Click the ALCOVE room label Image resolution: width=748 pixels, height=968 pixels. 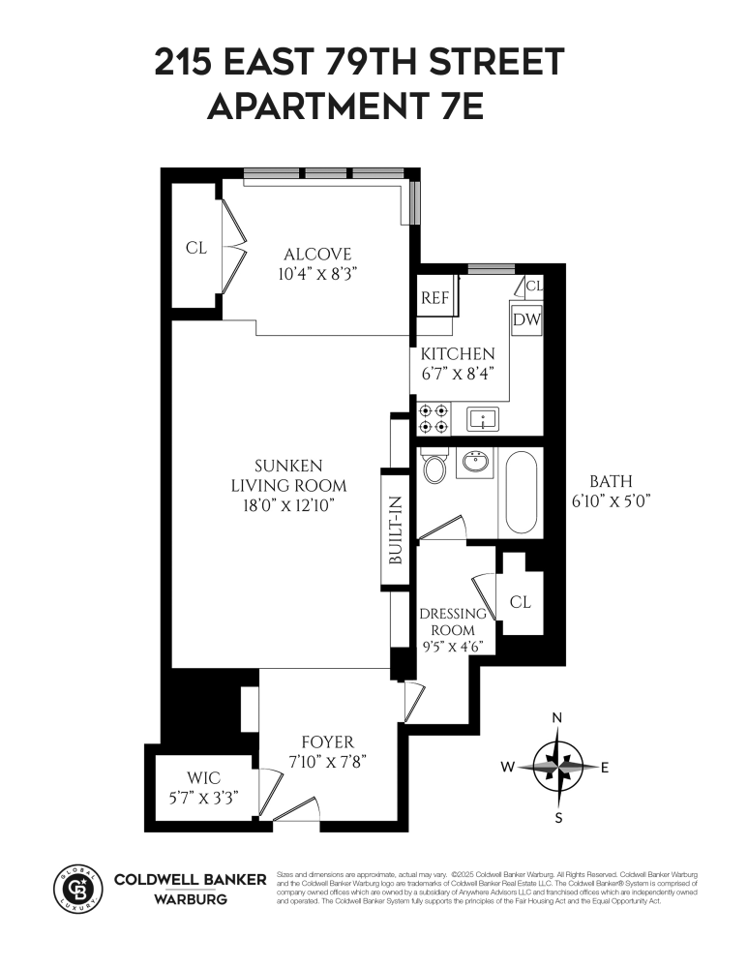coord(312,255)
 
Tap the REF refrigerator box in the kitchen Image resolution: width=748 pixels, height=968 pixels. coord(435,298)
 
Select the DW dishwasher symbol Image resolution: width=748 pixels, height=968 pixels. coord(525,320)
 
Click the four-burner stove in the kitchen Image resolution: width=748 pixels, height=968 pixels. coord(433,418)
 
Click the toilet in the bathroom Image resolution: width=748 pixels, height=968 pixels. coord(434,468)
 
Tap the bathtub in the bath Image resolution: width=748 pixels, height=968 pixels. coord(523,493)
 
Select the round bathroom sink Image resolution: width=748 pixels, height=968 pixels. coord(475,464)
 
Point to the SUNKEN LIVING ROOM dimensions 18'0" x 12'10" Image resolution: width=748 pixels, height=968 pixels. coord(288,504)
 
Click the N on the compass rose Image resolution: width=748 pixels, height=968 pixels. coord(556,717)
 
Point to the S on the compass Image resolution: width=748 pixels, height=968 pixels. coord(557,817)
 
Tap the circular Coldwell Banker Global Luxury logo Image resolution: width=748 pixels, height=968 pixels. coord(75,886)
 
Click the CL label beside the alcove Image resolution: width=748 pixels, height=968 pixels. coord(196,248)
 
